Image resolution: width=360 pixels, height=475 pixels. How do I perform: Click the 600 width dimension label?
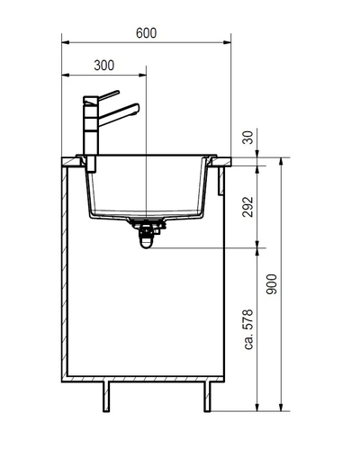tap(147, 32)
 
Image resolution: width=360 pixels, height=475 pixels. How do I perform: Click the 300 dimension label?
tap(104, 65)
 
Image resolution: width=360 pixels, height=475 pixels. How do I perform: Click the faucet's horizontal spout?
tap(122, 112)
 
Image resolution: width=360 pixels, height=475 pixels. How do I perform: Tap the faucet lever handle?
tap(107, 94)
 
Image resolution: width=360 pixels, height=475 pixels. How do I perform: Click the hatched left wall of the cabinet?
tap(65, 270)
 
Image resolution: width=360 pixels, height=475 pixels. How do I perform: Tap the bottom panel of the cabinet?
tap(144, 377)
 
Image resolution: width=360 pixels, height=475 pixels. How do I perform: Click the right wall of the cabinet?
tap(223, 270)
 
